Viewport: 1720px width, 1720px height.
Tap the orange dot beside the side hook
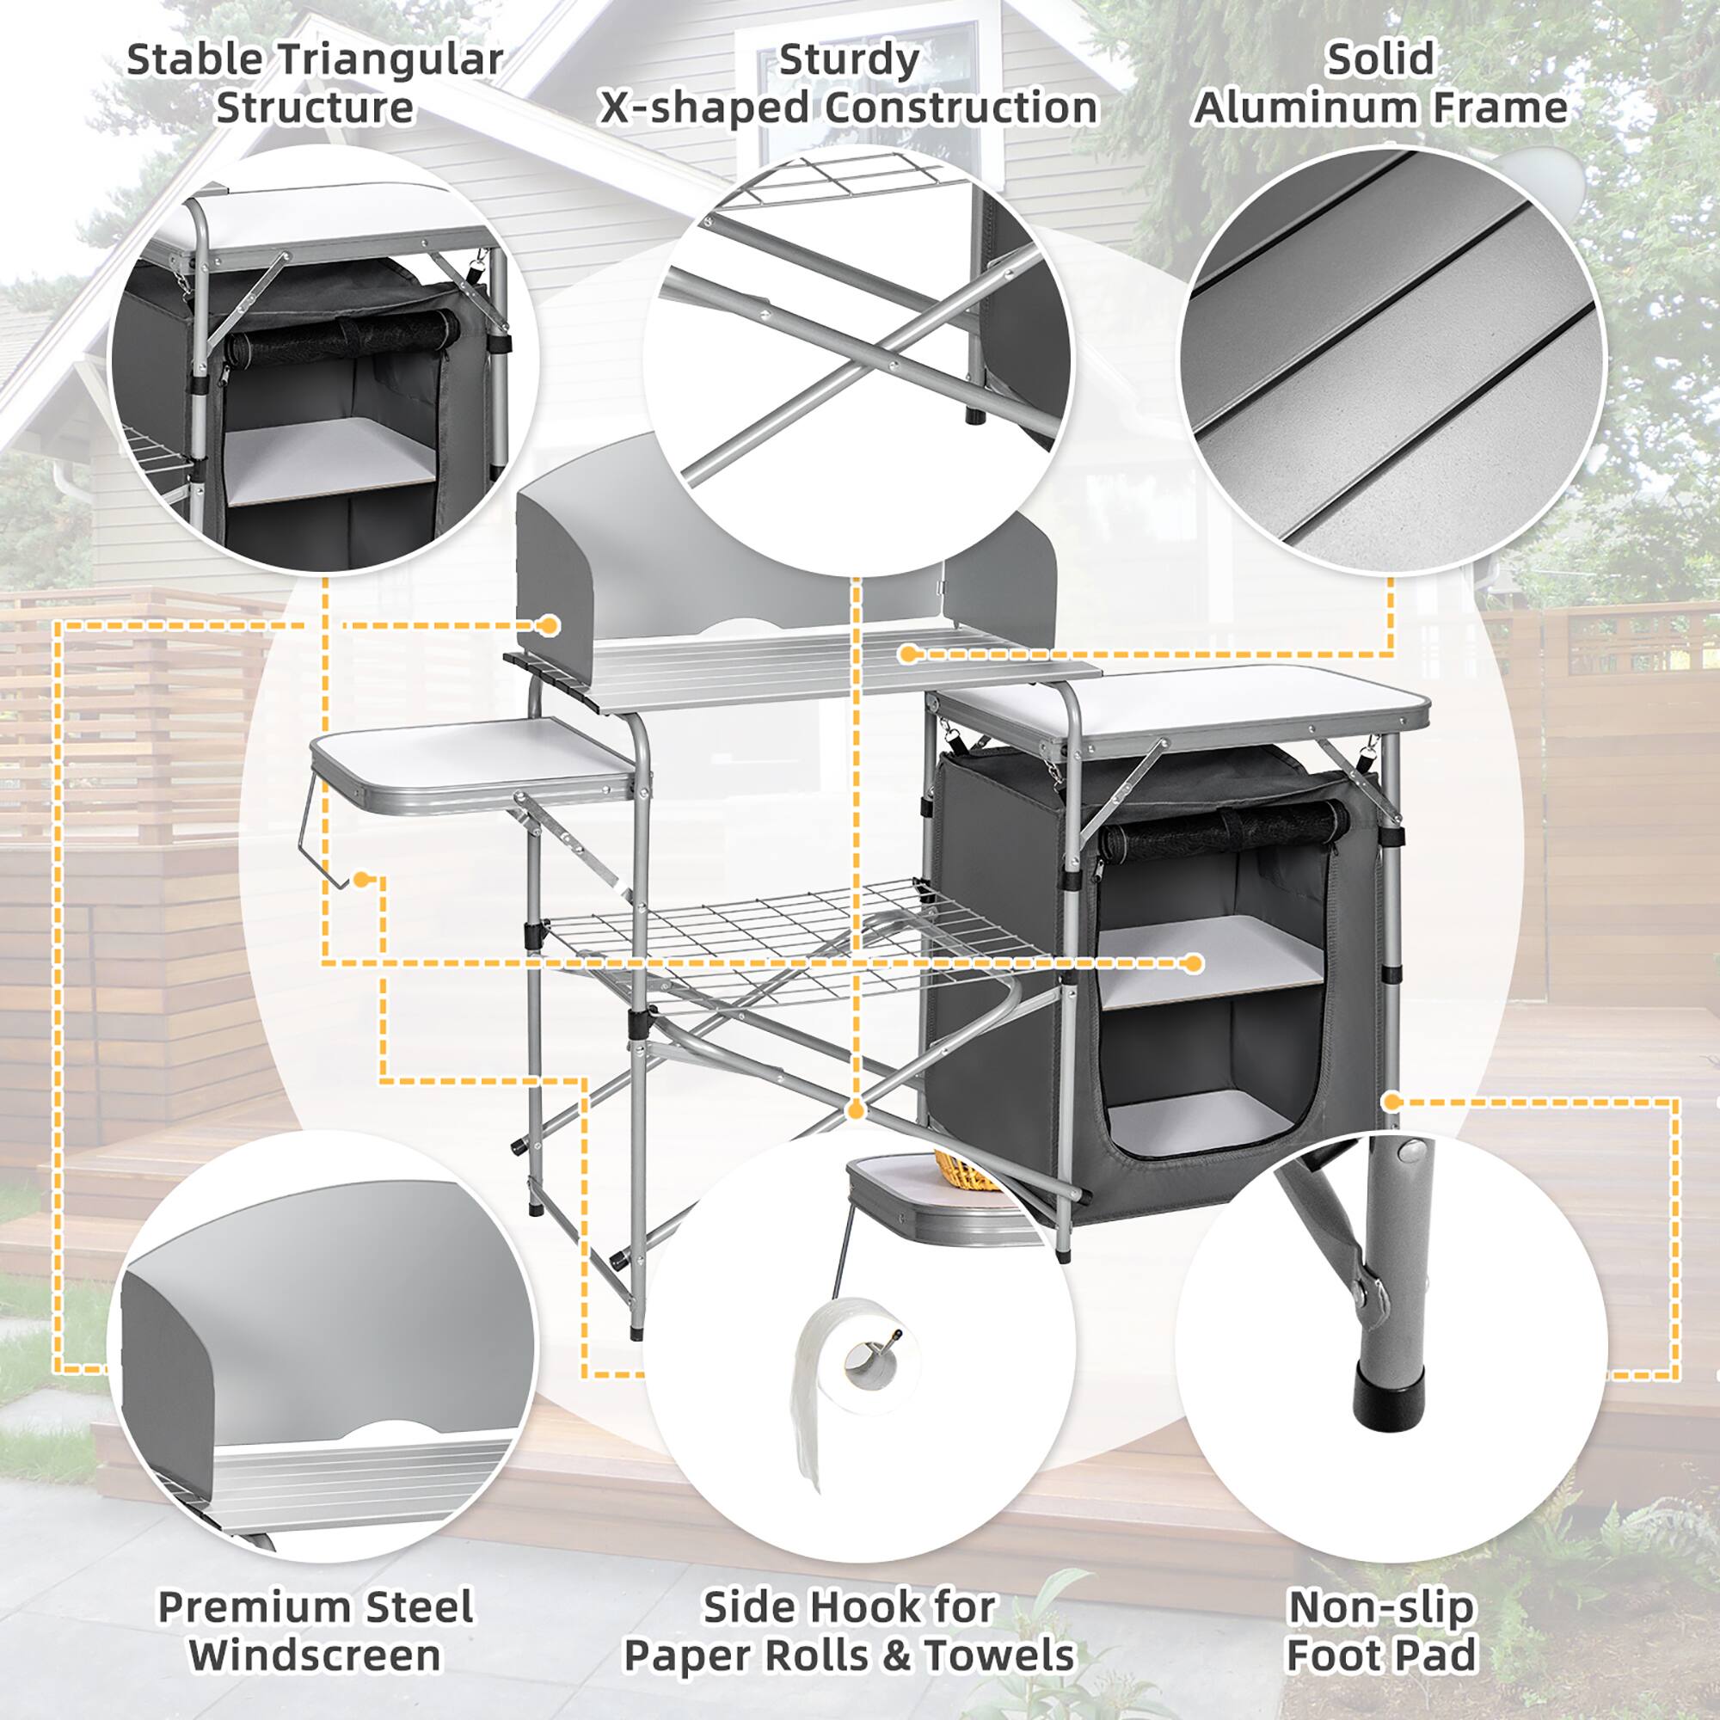tap(360, 880)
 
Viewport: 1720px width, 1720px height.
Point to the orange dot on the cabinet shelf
tap(1194, 962)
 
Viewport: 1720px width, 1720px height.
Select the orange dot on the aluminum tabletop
tap(907, 654)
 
